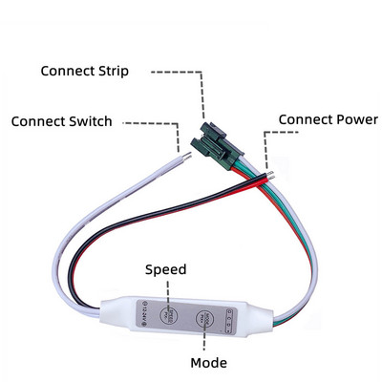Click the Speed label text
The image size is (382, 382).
tap(166, 270)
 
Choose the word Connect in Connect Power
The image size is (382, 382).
tap(301, 118)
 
